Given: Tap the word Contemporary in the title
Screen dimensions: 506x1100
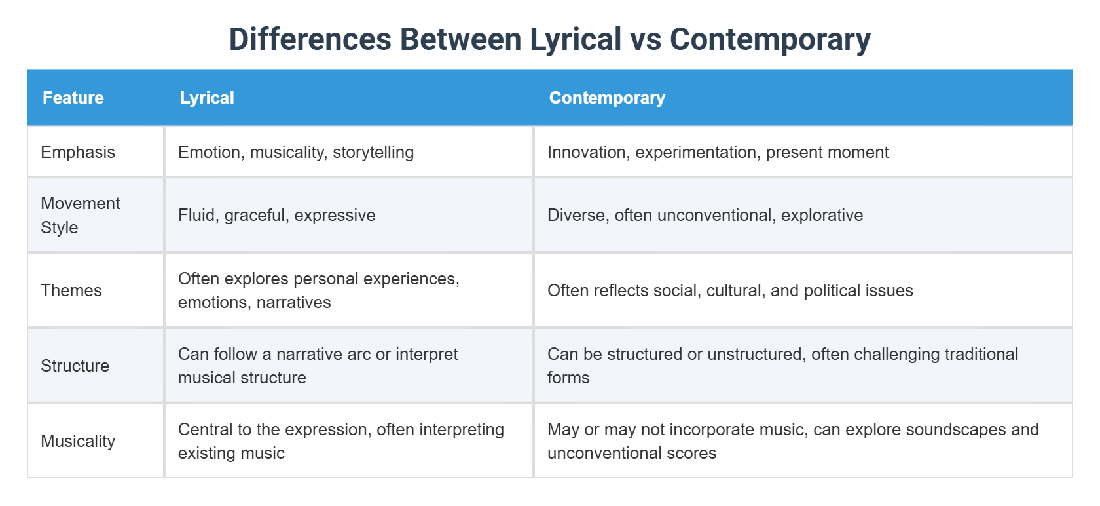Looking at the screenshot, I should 770,39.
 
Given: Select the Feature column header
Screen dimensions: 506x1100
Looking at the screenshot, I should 73,98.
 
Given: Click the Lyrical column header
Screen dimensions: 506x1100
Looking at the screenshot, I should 207,98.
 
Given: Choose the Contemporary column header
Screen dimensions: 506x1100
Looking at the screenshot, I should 607,98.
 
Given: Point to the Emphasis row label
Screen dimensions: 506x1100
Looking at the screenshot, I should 78,152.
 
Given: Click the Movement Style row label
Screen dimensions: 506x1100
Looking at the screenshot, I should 80,215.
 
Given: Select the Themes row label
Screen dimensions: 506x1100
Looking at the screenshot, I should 71,290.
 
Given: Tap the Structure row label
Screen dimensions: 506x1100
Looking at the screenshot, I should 75,366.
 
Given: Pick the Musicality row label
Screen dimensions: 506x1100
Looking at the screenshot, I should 78,441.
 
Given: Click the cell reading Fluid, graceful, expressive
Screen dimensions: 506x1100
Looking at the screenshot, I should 277,215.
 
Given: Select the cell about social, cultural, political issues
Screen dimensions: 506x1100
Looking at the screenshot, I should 730,290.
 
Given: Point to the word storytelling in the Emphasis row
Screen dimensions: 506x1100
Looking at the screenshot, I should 373,152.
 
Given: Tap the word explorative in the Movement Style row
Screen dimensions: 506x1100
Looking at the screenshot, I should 822,215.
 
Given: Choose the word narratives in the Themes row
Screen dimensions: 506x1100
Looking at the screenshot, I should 294,302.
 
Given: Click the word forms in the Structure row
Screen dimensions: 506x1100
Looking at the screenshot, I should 568,378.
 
